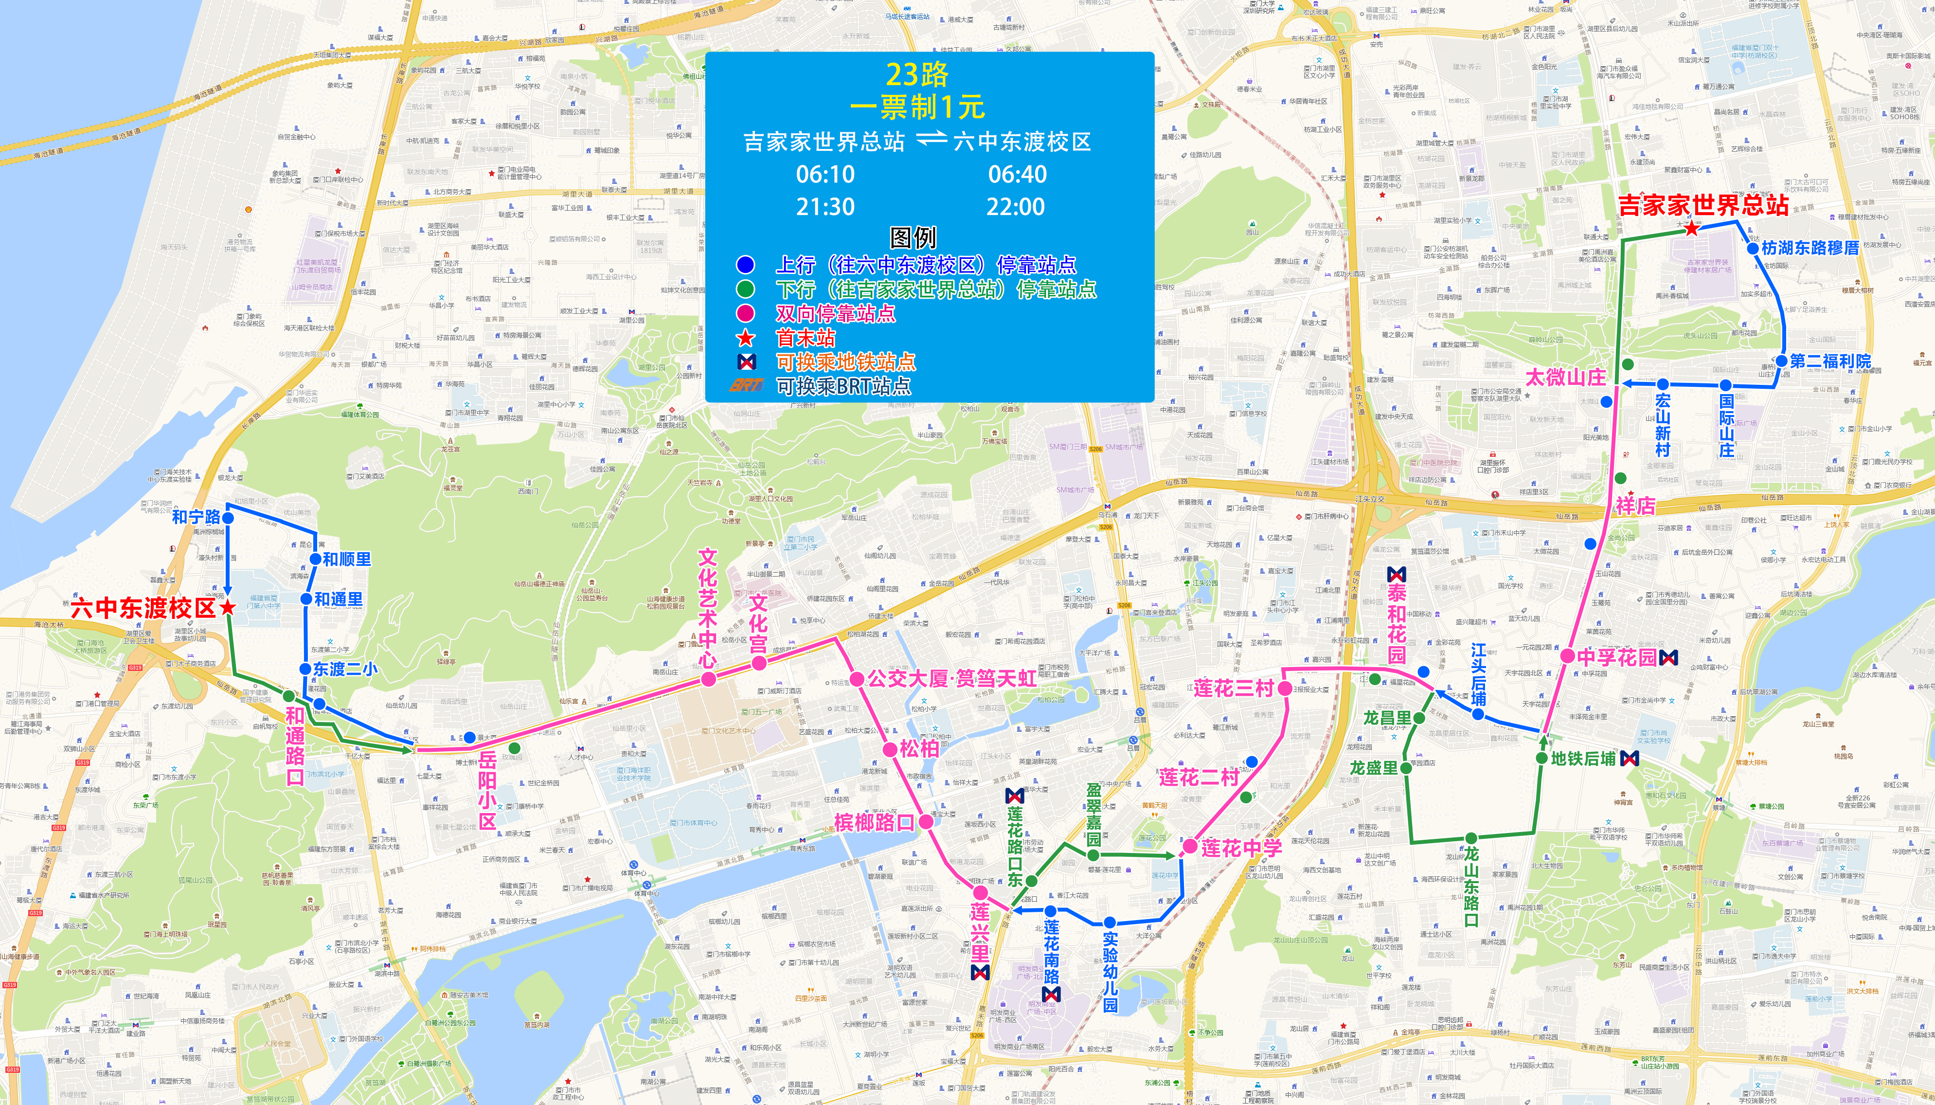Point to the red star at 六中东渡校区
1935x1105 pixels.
228,607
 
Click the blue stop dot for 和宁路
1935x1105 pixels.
228,518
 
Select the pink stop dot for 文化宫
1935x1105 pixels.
758,663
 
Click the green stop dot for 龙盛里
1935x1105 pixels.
1406,768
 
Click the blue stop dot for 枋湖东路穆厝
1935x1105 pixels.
1752,248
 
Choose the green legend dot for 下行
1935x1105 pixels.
746,289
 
